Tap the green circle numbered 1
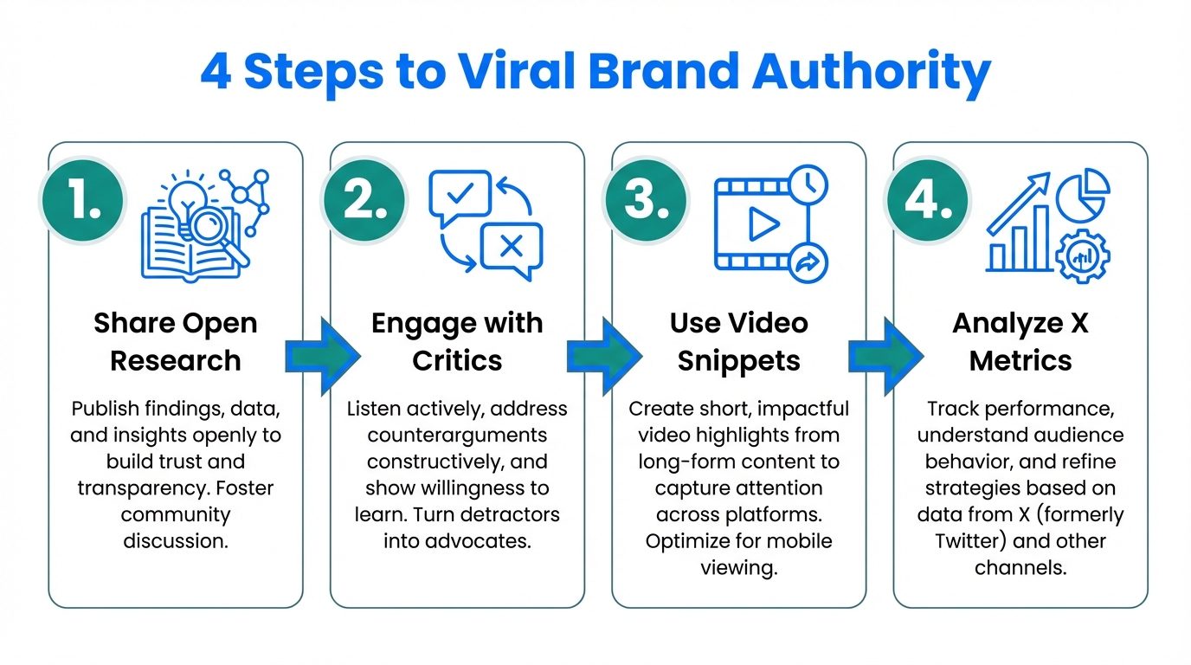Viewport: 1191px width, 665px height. (81, 201)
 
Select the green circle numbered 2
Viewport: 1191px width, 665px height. (364, 201)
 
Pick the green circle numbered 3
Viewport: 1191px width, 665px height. (645, 201)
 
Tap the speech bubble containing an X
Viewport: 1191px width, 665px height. (512, 248)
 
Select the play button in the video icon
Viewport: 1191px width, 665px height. (763, 225)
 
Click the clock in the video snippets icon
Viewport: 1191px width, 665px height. (807, 184)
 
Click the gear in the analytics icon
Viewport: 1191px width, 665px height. (1082, 255)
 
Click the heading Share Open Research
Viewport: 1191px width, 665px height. (176, 341)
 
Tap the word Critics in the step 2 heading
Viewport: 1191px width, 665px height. (457, 360)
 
